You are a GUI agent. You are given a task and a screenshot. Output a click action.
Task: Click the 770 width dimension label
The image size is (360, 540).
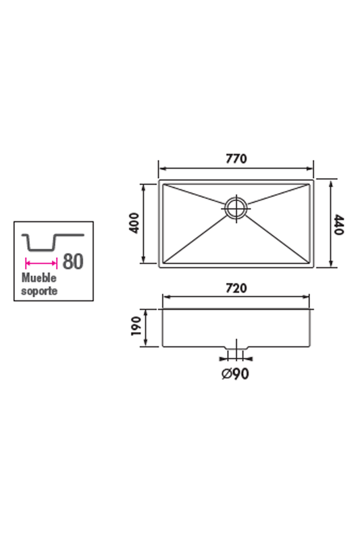pos(236,159)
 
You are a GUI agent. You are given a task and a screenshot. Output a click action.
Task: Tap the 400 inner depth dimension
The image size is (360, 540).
pos(134,223)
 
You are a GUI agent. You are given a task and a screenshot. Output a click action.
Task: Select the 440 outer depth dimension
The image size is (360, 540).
pos(339,225)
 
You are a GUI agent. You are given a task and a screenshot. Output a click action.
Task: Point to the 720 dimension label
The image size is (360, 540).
pos(236,288)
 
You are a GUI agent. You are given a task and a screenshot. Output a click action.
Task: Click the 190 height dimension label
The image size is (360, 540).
pos(136,326)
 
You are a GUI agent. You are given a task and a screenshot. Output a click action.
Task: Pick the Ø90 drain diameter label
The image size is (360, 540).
pos(235,374)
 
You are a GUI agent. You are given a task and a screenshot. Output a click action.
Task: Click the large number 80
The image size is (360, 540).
pos(73,261)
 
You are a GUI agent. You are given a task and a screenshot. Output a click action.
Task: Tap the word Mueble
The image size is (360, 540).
pos(39,277)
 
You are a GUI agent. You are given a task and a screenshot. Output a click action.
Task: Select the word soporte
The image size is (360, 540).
pos(39,291)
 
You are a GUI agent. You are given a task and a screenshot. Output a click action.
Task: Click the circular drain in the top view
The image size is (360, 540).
pos(236,207)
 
